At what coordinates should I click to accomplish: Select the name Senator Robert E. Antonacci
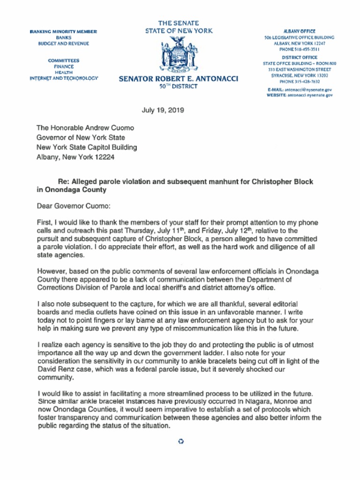tap(178, 79)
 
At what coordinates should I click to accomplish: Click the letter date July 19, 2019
tap(163, 111)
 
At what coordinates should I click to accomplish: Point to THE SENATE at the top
tap(178, 23)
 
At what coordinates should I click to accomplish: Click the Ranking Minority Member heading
tap(63, 31)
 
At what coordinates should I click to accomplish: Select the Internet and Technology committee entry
tap(64, 78)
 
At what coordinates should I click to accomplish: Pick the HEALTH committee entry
tap(64, 73)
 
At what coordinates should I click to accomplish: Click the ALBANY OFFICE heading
tap(299, 31)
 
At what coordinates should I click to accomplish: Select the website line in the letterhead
tap(300, 95)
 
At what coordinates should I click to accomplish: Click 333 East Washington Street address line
tap(299, 69)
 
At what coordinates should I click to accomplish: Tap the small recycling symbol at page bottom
tap(180, 442)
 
